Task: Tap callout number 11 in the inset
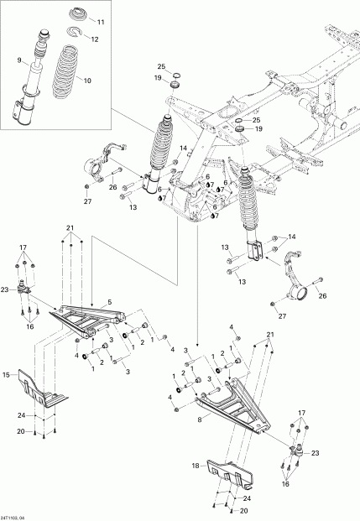click(102, 21)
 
